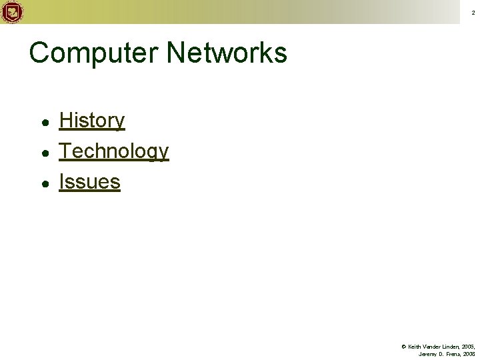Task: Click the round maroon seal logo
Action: [x=12, y=12]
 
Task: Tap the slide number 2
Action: [x=473, y=13]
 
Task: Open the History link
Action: [x=92, y=121]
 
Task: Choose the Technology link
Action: [x=114, y=151]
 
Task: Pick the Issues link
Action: [x=90, y=181]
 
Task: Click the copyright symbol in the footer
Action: [x=403, y=347]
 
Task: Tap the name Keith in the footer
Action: [x=413, y=347]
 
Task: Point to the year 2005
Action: [x=468, y=347]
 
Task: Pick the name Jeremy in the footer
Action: [x=427, y=354]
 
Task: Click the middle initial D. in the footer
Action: [x=441, y=354]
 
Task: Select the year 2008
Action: [x=469, y=354]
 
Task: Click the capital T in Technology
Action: [x=65, y=151]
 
